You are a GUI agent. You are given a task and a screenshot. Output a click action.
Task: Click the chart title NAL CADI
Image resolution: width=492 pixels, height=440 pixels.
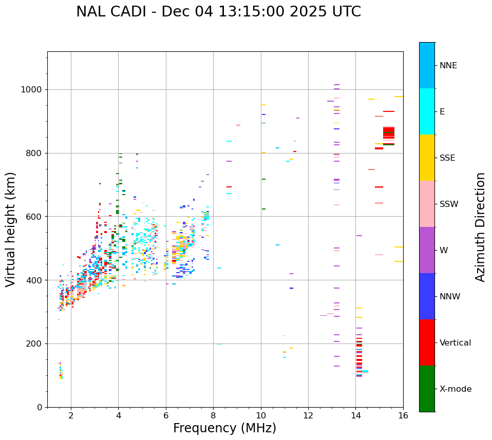[x=218, y=12]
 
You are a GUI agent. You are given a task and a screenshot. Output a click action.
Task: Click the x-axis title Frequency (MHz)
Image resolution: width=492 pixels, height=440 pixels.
[x=224, y=428]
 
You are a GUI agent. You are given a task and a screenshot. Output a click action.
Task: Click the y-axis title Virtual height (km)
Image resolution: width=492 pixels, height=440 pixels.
[x=11, y=229]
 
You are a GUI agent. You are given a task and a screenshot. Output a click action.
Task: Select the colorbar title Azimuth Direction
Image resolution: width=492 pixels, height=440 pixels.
[x=480, y=227]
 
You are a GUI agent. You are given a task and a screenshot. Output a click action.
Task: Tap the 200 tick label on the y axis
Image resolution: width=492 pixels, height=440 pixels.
[x=36, y=343]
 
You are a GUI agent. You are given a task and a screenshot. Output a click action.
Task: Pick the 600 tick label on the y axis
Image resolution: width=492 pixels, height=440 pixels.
[x=36, y=217]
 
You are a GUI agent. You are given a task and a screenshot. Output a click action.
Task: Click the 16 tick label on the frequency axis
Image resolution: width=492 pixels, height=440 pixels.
[x=403, y=415]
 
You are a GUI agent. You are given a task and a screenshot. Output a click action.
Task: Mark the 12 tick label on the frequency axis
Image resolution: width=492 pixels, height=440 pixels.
[x=308, y=415]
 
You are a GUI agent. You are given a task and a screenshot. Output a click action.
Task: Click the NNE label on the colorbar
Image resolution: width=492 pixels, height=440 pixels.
[x=448, y=66]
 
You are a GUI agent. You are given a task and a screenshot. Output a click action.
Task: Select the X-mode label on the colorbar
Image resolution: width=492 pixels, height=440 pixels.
[x=455, y=389]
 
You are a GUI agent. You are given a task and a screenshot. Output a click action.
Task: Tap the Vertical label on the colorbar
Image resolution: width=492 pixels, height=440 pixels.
[x=455, y=343]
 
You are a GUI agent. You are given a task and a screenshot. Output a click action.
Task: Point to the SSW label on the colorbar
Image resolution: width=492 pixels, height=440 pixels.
[x=449, y=204]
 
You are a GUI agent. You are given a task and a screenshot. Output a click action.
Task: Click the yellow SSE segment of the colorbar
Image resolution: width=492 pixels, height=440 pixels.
[x=427, y=158]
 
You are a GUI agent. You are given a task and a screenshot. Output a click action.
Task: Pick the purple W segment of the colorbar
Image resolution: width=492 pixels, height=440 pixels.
[x=427, y=250]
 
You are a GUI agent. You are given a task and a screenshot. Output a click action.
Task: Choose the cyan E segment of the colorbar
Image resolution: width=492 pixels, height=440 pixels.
[x=427, y=111]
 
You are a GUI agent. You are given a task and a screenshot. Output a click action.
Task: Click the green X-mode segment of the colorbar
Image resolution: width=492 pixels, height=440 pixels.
[x=427, y=389]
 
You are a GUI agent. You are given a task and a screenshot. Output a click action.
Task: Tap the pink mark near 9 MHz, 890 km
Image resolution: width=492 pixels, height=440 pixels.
[x=238, y=125]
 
